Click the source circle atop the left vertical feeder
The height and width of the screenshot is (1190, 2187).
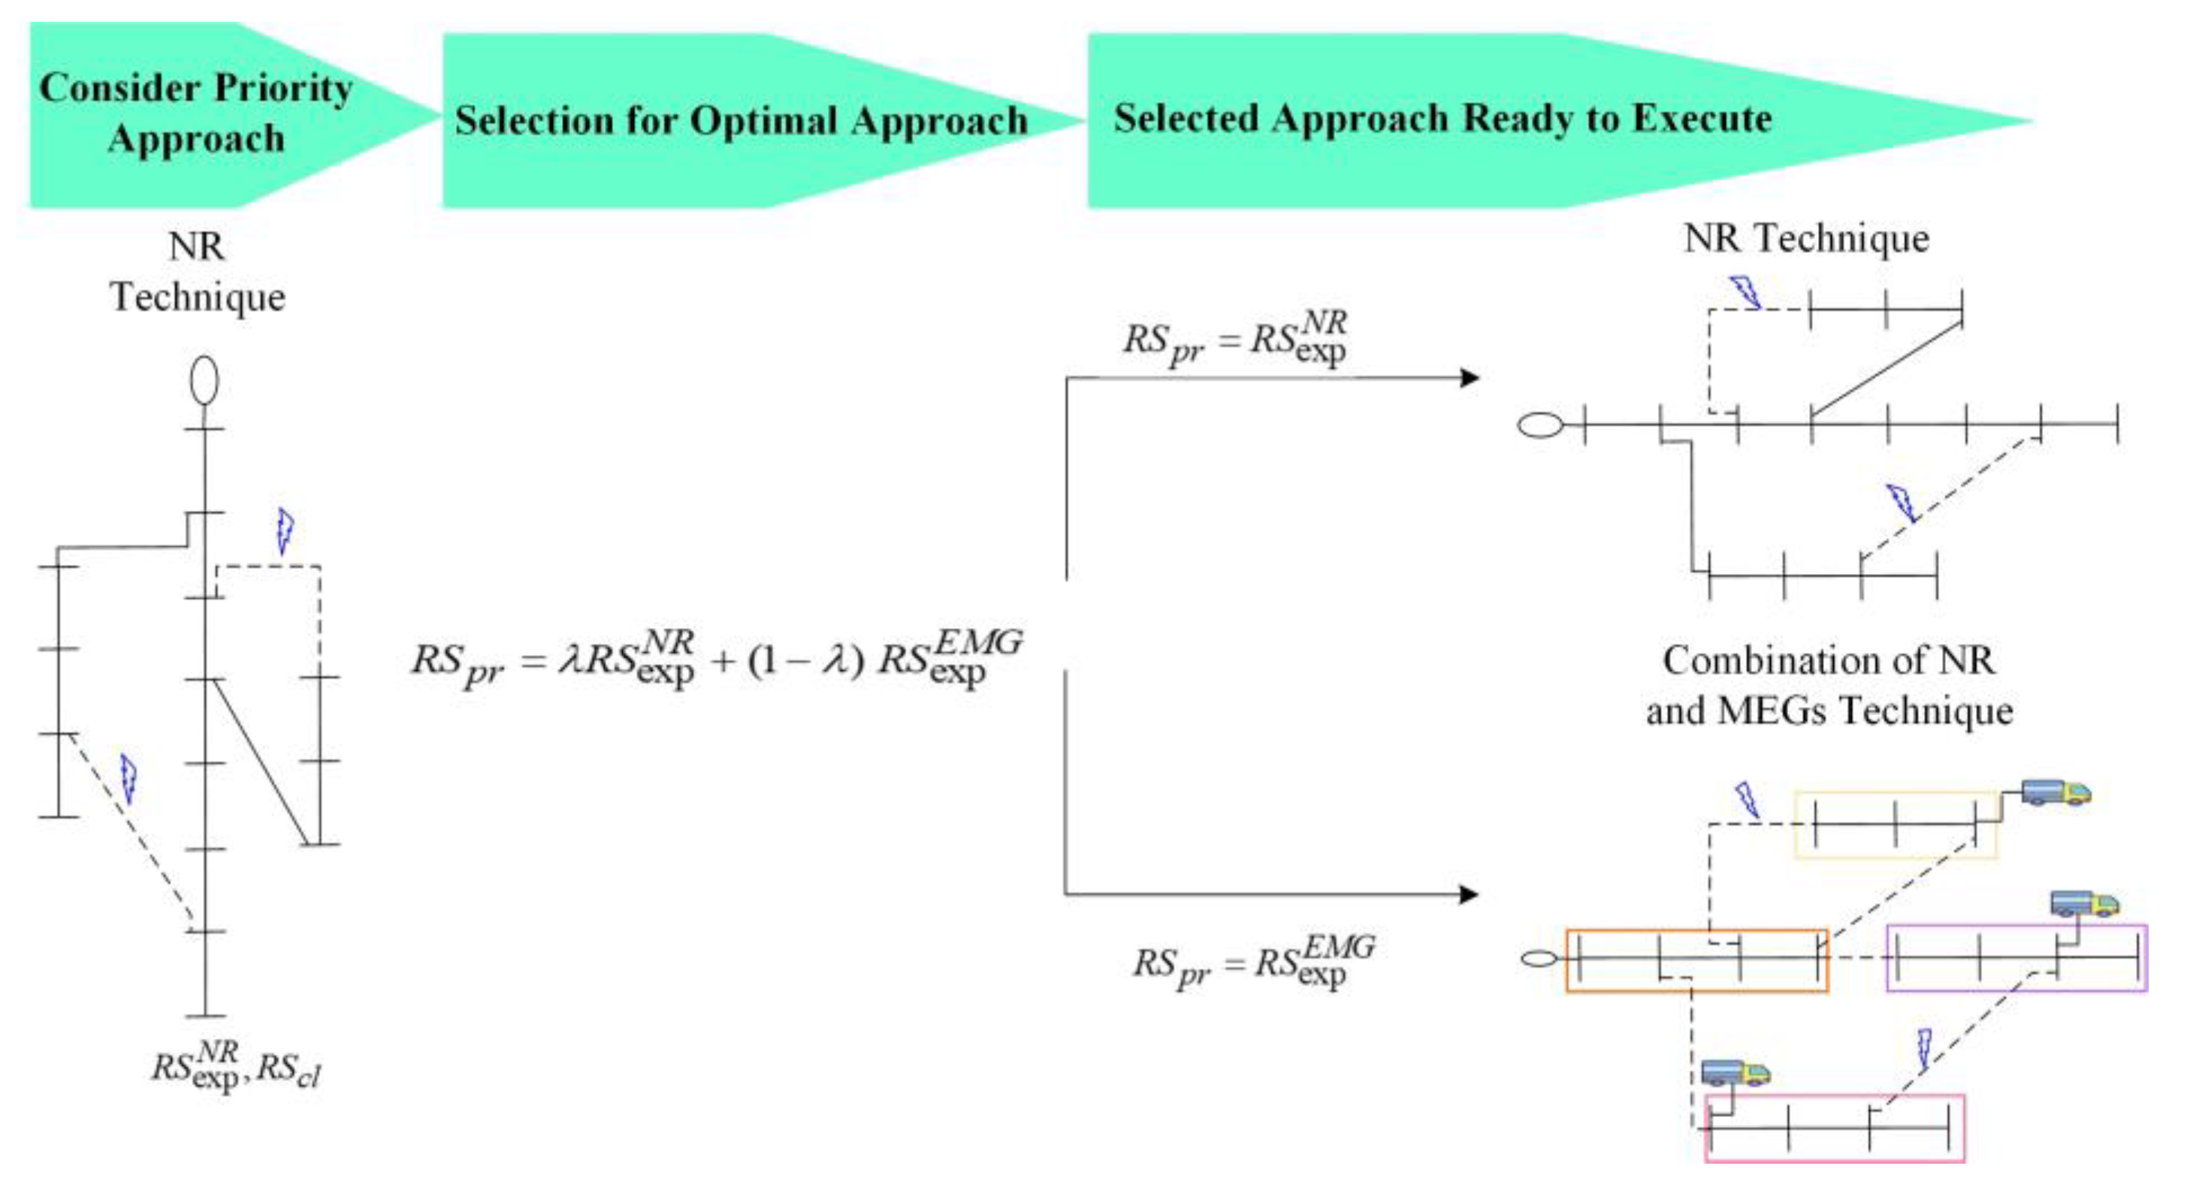[x=204, y=380]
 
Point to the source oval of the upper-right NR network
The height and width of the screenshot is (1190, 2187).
[x=1539, y=424]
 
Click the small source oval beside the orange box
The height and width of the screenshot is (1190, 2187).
[x=1539, y=959]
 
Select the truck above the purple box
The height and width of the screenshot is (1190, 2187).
[x=2084, y=903]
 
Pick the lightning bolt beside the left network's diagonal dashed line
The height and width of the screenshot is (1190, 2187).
[x=128, y=778]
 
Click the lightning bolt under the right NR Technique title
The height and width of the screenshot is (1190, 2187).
[x=1745, y=292]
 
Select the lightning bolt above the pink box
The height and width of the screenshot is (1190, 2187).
[x=1924, y=1050]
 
